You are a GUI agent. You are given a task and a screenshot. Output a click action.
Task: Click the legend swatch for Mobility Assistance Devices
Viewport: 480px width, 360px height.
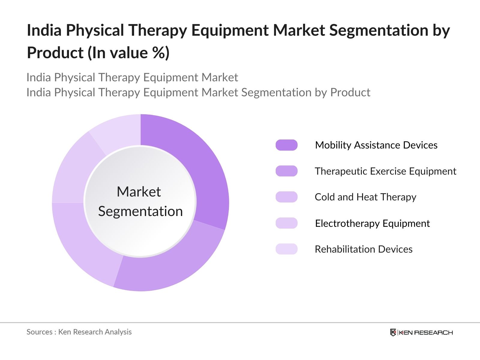click(286, 145)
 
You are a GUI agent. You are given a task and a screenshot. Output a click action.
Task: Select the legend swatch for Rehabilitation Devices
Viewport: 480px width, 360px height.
click(286, 249)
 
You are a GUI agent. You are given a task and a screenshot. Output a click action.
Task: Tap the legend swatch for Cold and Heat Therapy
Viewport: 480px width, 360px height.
click(286, 197)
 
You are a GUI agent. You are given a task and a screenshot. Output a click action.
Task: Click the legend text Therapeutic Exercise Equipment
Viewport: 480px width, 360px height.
click(385, 171)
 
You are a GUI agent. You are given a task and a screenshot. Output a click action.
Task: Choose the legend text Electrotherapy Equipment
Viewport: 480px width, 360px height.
click(372, 223)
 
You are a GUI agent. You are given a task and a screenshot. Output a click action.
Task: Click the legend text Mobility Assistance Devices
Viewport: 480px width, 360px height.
click(376, 145)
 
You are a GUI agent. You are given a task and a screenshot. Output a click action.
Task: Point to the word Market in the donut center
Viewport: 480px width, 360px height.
click(139, 192)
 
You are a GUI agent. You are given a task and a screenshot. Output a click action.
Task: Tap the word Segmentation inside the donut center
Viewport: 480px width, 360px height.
click(140, 211)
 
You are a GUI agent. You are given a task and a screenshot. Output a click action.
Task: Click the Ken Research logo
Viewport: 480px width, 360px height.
click(421, 332)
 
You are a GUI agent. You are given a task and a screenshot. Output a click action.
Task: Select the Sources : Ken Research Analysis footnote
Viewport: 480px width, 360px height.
click(79, 332)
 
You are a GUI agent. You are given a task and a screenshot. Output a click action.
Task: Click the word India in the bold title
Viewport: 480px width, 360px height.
click(44, 30)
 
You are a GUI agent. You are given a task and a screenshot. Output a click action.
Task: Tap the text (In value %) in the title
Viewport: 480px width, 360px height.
click(129, 53)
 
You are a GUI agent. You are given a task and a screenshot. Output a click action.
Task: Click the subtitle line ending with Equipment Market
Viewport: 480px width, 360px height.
click(132, 77)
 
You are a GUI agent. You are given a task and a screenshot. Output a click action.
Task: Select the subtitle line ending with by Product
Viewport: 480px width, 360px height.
click(198, 92)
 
